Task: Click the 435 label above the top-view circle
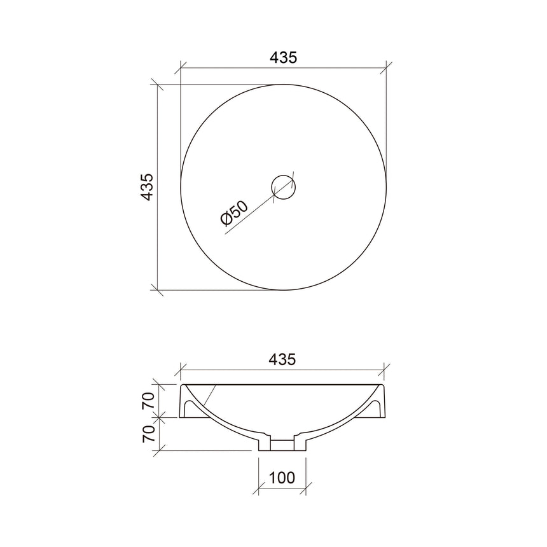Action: [x=283, y=57]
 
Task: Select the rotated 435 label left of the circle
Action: [x=147, y=186]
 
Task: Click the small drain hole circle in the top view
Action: [x=284, y=186]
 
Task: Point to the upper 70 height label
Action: [x=147, y=401]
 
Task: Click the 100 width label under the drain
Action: [x=282, y=477]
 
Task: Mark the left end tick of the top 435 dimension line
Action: [x=181, y=66]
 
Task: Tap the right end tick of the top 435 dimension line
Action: [x=387, y=66]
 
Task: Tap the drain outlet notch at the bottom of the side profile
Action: [x=282, y=443]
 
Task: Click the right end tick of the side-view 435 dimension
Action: [x=386, y=368]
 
